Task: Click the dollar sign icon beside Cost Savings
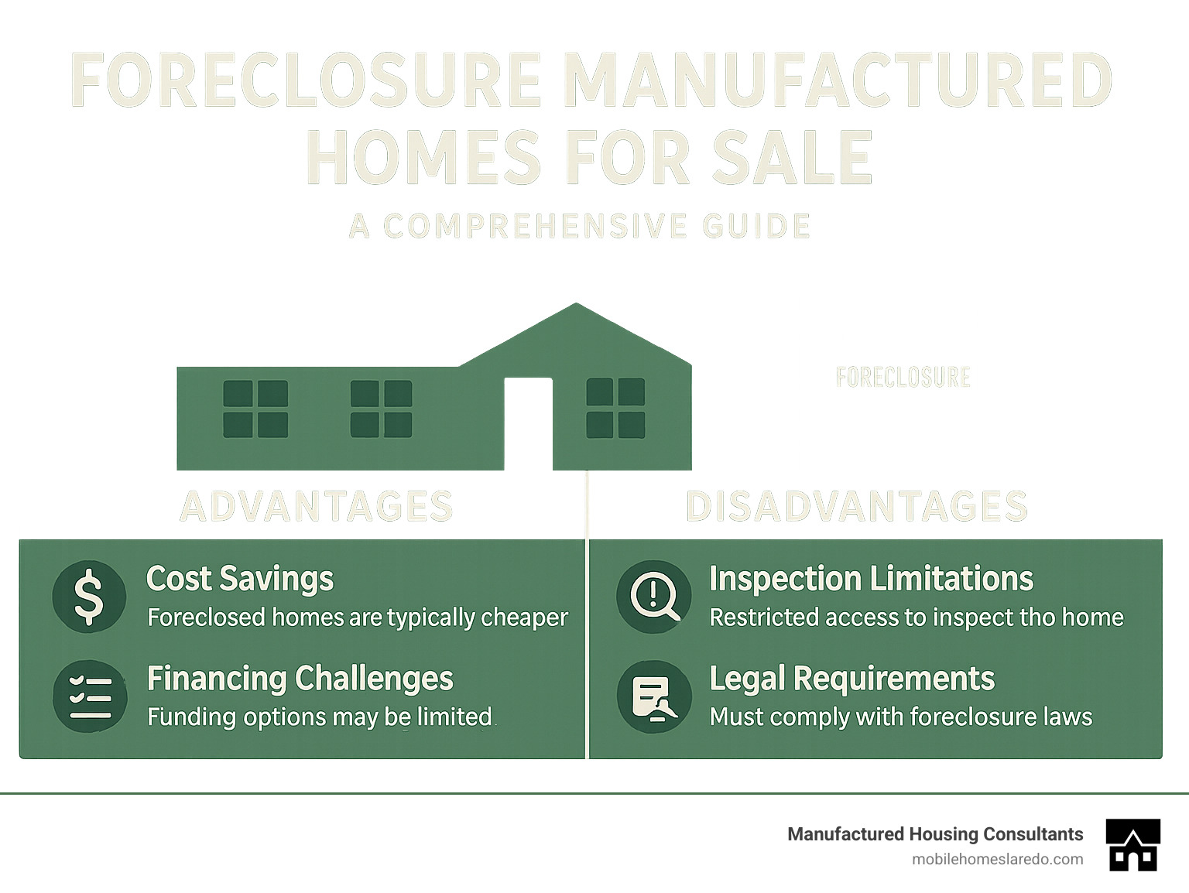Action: [x=89, y=597]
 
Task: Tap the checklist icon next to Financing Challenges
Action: [x=90, y=696]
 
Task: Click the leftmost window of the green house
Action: [x=255, y=409]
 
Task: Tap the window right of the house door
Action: [x=615, y=408]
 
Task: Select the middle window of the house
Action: [x=381, y=409]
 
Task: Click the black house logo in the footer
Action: [x=1133, y=844]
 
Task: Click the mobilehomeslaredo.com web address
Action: [x=997, y=859]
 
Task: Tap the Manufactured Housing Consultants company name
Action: [x=935, y=834]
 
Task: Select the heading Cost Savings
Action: [x=240, y=579]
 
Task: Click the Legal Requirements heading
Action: [x=851, y=679]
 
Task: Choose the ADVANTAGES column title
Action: [x=317, y=507]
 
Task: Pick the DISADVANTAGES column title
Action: [x=856, y=507]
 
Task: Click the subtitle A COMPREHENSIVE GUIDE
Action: [x=580, y=226]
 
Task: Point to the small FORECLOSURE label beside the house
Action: [x=903, y=378]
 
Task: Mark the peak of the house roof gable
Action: [x=576, y=305]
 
